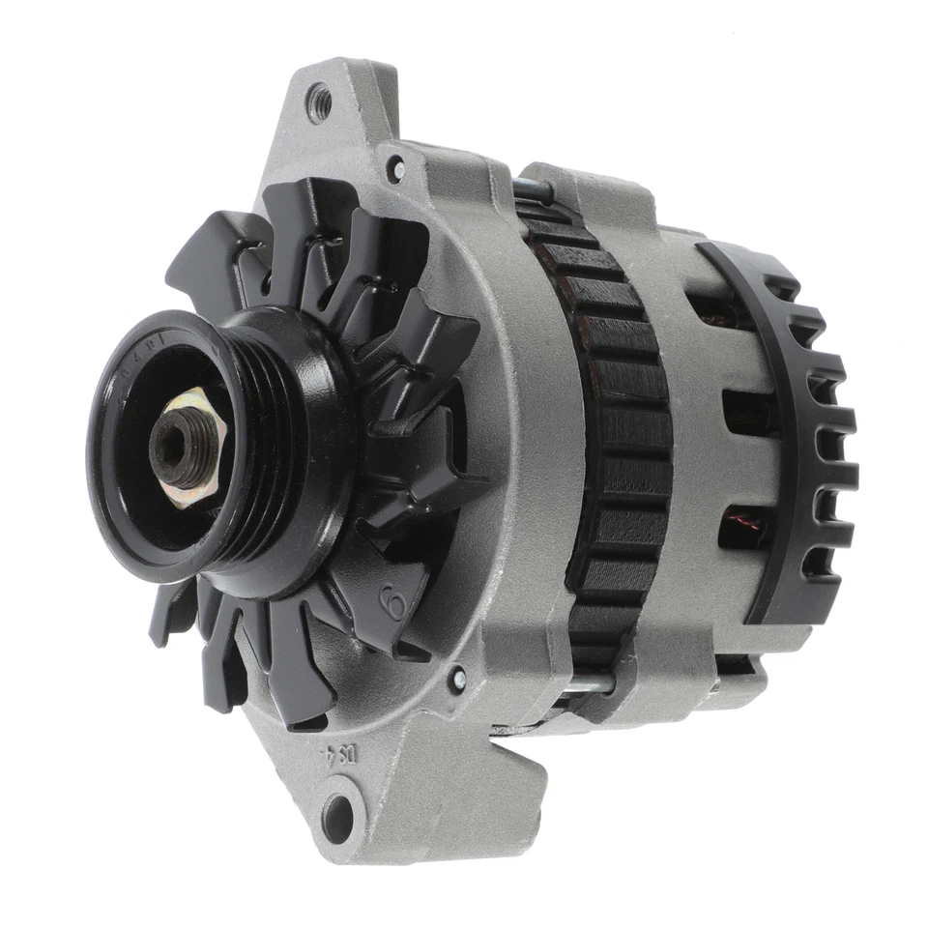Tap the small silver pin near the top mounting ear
tap(394, 168)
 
